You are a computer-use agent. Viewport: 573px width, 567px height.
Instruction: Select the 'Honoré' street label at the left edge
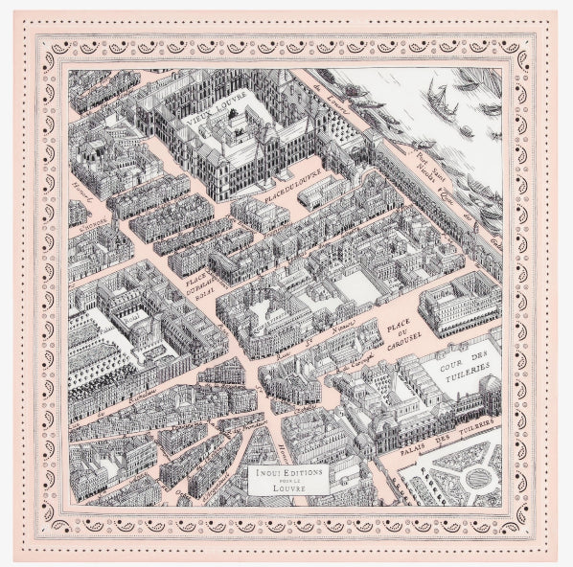(x=82, y=192)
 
